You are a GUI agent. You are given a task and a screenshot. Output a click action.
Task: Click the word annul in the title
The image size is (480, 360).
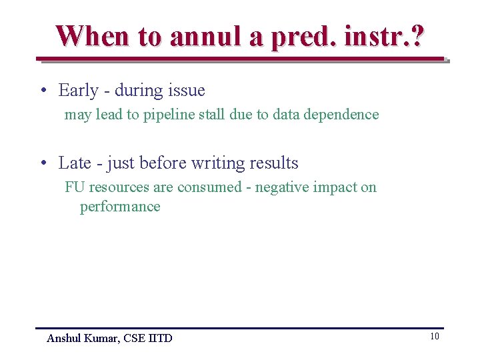tap(206, 36)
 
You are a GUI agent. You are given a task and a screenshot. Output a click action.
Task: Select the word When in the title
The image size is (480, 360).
tap(94, 36)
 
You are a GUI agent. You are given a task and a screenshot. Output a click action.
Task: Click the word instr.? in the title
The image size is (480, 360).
tap(383, 36)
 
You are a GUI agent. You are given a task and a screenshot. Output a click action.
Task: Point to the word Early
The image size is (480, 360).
tap(79, 90)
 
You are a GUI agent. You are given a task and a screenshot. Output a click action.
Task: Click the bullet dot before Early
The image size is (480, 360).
tap(42, 91)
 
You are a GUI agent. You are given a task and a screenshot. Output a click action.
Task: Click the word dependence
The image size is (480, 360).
tap(341, 115)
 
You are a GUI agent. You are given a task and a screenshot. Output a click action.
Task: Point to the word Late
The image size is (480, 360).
tap(75, 163)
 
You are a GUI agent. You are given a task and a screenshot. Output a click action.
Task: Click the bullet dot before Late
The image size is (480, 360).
tap(42, 163)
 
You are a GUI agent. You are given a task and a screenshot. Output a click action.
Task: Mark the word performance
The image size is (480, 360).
tap(120, 207)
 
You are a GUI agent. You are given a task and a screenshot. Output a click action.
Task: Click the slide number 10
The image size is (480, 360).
tap(434, 337)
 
